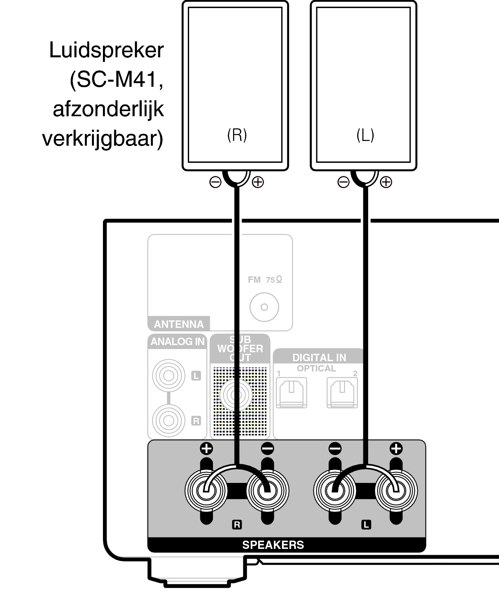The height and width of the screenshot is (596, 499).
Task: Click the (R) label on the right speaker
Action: tap(237, 135)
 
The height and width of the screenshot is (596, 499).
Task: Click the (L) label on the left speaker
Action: tap(365, 135)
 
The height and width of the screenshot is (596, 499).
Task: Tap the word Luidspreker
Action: tap(106, 50)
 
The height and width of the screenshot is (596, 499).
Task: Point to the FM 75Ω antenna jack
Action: tap(264, 307)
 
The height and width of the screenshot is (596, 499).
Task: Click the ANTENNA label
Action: tap(179, 324)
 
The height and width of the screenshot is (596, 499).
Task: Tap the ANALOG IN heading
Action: tap(178, 342)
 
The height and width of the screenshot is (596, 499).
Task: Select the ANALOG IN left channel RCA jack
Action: tap(169, 376)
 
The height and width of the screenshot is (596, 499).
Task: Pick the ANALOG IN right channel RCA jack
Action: tap(169, 420)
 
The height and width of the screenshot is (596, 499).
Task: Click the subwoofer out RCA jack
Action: tap(236, 395)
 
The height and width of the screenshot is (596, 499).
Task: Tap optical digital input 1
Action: tap(291, 392)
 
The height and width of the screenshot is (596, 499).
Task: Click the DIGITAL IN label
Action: tap(319, 357)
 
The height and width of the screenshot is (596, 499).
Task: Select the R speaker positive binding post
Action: tap(205, 490)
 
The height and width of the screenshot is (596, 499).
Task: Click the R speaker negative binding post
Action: tap(267, 490)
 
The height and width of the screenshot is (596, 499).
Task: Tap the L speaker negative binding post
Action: tap(335, 490)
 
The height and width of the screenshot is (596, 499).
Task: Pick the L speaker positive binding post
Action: tap(396, 490)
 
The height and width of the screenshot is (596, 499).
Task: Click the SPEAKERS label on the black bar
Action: tap(273, 545)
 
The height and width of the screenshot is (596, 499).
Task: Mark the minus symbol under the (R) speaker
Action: tap(215, 182)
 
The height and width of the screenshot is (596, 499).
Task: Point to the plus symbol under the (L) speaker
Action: tap(386, 182)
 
